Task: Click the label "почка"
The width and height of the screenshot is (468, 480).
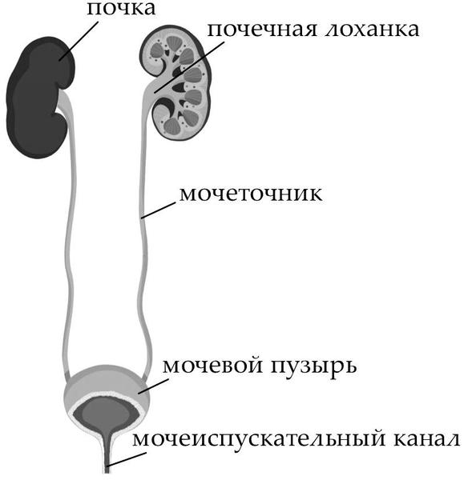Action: click(121, 9)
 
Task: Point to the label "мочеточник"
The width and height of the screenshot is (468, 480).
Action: click(251, 194)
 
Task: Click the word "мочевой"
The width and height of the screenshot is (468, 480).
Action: click(213, 366)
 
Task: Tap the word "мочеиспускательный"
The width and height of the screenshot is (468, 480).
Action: click(258, 438)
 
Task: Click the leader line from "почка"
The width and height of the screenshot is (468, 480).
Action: click(79, 40)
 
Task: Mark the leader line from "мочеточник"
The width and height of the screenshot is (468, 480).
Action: click(159, 210)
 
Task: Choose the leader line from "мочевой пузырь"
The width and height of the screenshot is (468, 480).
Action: click(153, 386)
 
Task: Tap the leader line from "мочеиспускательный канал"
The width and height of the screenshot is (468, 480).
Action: click(127, 460)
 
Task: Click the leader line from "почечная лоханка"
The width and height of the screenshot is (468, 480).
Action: click(188, 67)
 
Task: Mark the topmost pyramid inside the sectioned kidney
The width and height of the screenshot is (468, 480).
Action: click(174, 42)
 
